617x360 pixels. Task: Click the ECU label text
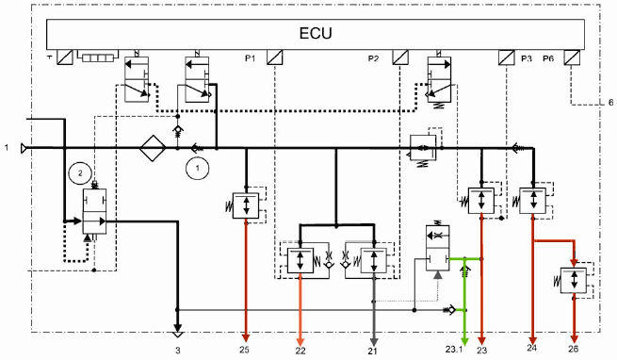[316, 33]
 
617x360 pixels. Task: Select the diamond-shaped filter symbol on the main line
[153, 148]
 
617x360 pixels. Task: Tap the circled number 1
[198, 168]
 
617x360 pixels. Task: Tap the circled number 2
[80, 173]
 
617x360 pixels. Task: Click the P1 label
[251, 58]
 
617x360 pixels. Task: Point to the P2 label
[373, 58]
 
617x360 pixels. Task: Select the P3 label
[527, 58]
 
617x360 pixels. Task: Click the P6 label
[548, 58]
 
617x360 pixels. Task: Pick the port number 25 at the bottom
[244, 350]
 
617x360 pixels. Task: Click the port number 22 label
[300, 351]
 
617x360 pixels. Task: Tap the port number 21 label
[373, 351]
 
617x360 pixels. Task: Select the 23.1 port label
[454, 350]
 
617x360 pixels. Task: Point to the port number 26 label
[574, 349]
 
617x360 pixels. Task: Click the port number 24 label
[532, 348]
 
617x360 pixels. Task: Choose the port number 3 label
[178, 350]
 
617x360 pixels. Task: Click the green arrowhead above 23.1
[464, 340]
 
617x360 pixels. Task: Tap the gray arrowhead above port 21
[374, 341]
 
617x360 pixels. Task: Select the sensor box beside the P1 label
[275, 57]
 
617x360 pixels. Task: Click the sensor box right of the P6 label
[572, 57]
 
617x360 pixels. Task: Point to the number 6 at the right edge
[610, 103]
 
